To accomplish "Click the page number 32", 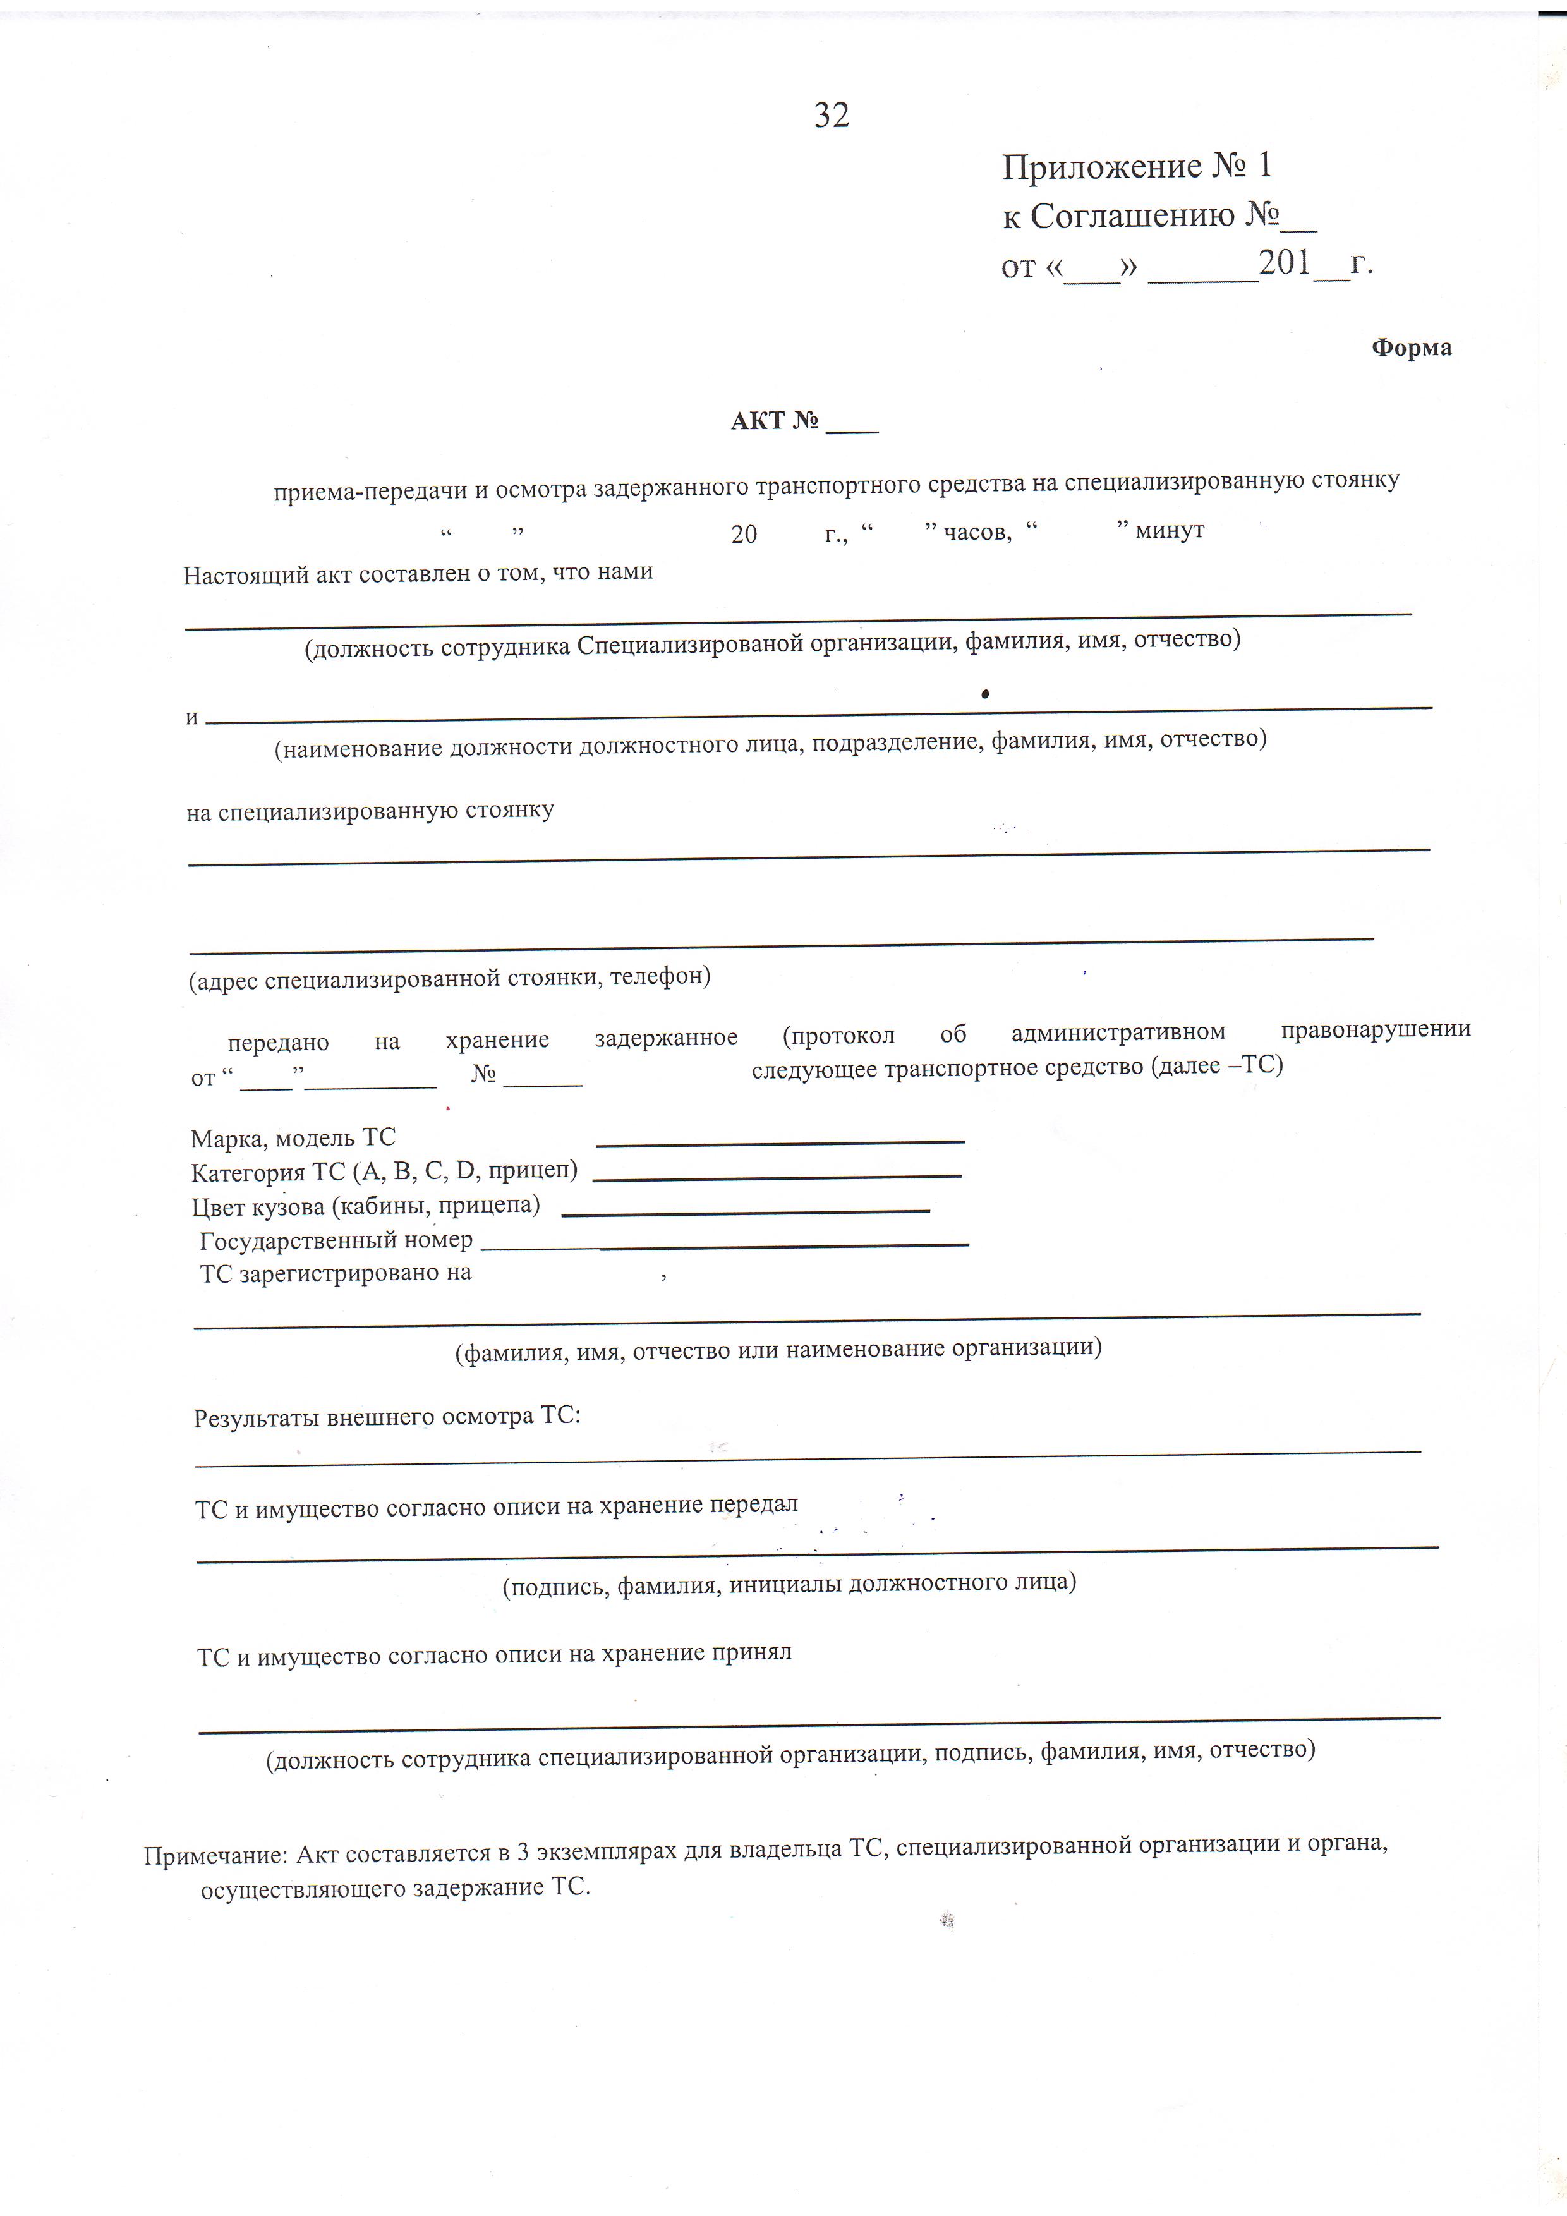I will click(832, 116).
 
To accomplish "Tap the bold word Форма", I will click(1411, 348).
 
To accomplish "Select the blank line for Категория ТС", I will click(776, 1175).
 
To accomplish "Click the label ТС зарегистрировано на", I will click(335, 1273).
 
